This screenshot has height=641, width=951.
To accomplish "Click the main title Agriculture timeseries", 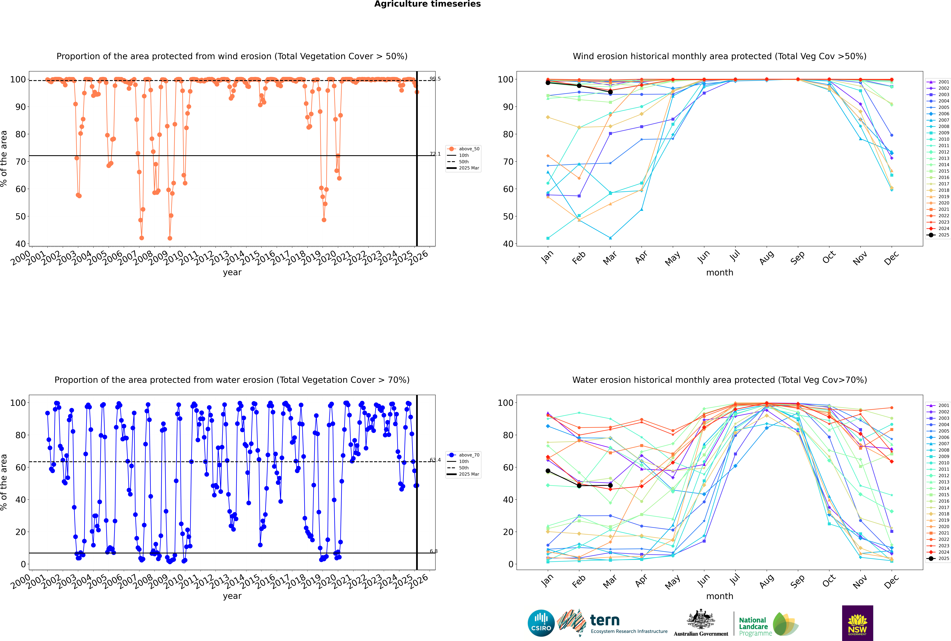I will (427, 4).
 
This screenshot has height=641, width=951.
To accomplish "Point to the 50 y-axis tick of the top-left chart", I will (20, 217).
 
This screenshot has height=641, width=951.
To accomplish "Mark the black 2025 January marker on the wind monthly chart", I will (548, 83).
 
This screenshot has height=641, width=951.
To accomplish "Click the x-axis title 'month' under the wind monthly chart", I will (720, 273).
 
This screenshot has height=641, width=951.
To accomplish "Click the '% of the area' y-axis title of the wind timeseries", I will (4, 159).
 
